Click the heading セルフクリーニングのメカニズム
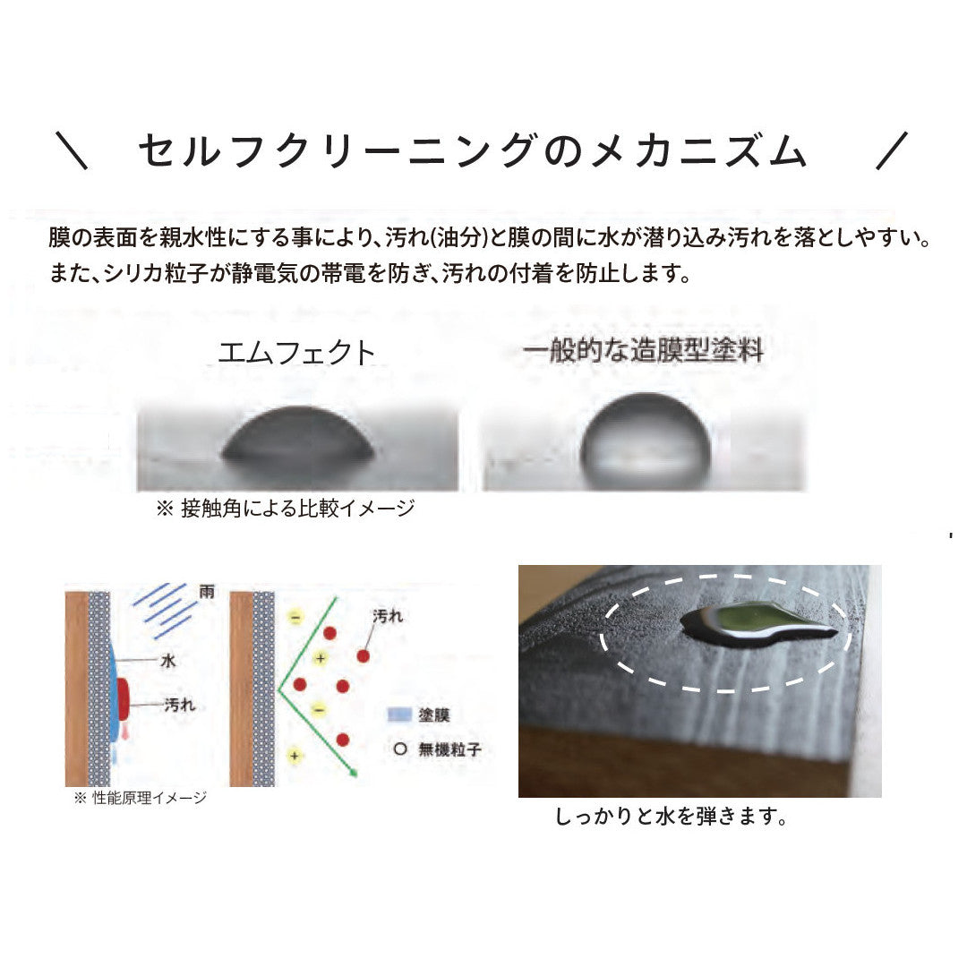pyautogui.click(x=472, y=151)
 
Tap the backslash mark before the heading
pyautogui.click(x=72, y=150)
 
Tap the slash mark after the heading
pyautogui.click(x=893, y=150)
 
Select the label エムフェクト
pyautogui.click(x=296, y=353)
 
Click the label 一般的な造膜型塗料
pyautogui.click(x=643, y=350)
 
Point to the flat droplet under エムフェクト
pyautogui.click(x=298, y=435)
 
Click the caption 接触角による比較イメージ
pyautogui.click(x=298, y=509)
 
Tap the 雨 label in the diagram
pyautogui.click(x=207, y=592)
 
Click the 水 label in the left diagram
pyautogui.click(x=167, y=661)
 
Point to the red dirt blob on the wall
pyautogui.click(x=122, y=700)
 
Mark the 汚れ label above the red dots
pyautogui.click(x=388, y=616)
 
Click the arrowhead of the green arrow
pyautogui.click(x=354, y=772)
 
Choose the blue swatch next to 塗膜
pyautogui.click(x=399, y=715)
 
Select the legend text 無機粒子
pyautogui.click(x=449, y=750)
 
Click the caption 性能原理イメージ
pyautogui.click(x=150, y=798)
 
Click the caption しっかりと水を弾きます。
pyautogui.click(x=672, y=817)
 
